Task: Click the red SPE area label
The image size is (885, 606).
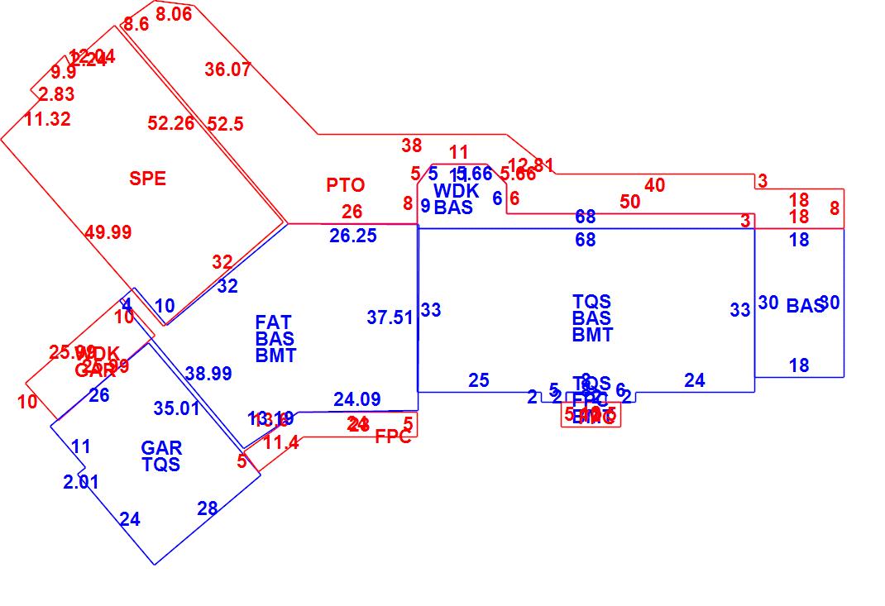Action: [x=147, y=179]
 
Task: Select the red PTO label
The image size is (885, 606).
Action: [x=345, y=185]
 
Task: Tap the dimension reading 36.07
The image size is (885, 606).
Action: [x=227, y=69]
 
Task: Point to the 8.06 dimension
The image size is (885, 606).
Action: [x=174, y=14]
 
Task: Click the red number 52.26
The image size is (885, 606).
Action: [x=171, y=123]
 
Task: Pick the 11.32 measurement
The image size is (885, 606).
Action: [x=47, y=119]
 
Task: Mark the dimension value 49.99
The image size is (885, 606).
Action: [x=108, y=232]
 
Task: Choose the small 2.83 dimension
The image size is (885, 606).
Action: [x=56, y=94]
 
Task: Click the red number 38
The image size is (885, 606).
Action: [x=412, y=146]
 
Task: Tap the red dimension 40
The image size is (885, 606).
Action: [x=654, y=185]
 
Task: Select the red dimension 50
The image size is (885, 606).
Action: [x=629, y=202]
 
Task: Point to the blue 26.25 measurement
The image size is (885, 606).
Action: [x=353, y=236]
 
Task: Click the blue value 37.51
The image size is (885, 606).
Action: [x=390, y=317]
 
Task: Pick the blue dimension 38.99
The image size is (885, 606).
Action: [x=208, y=374]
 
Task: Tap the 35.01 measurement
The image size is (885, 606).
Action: [x=177, y=408]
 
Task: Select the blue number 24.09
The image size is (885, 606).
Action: [x=357, y=399]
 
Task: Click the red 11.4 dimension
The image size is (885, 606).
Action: [x=281, y=443]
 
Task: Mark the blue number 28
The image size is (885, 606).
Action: [x=207, y=508]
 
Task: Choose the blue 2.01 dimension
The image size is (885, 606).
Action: [x=81, y=482]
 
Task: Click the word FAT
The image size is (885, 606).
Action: [x=273, y=322]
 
